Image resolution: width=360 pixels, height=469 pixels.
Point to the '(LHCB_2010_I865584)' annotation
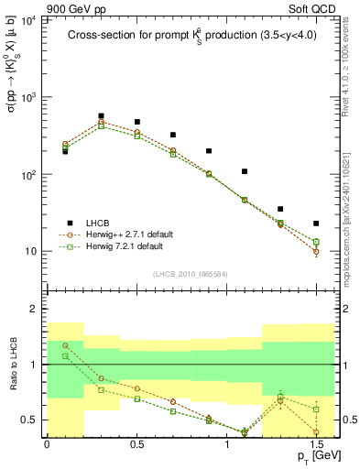[191, 274]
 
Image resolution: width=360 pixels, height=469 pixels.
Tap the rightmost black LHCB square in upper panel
[316, 224]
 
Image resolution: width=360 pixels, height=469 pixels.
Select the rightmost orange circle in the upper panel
[316, 251]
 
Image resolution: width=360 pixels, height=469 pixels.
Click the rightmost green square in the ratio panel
[316, 409]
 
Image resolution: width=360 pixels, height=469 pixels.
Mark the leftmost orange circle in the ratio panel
[65, 346]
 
